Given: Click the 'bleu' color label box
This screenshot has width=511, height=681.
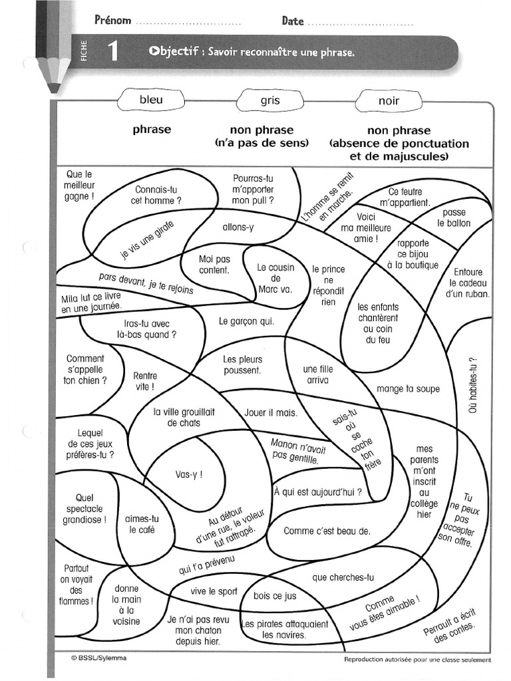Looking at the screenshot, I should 151,100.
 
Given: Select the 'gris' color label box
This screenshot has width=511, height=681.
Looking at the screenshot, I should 270,101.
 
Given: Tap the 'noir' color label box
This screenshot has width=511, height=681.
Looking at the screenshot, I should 389,101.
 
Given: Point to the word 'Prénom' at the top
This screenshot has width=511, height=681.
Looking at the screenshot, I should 112,21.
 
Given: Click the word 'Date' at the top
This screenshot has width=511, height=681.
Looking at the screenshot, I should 293,21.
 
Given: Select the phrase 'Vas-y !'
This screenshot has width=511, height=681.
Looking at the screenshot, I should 189,474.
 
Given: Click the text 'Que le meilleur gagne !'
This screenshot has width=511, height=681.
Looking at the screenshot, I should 80,186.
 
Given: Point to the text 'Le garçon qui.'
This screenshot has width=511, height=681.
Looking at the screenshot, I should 246,321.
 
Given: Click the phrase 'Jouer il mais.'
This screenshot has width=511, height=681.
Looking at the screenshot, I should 271,412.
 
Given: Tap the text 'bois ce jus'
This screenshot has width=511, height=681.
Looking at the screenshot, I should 275,596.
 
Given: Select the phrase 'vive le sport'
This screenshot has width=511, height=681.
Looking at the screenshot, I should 214,591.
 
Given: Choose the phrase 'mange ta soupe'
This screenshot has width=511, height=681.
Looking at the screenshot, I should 408,389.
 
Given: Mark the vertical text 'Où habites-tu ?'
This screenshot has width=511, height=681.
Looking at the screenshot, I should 474,385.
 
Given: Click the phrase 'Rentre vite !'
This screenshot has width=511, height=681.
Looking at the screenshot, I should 145,380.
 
